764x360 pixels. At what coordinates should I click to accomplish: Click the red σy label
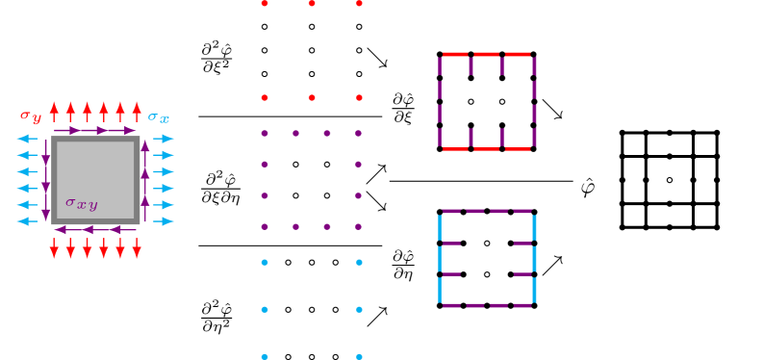(x=31, y=116)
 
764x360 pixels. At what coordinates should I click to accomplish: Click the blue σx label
(x=159, y=117)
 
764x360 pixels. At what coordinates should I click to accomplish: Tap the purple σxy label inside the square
(x=82, y=203)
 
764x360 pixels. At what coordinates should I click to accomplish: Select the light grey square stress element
(x=95, y=180)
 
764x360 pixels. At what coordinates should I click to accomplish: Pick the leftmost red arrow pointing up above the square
(x=55, y=111)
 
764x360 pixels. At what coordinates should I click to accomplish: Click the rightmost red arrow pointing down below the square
(x=137, y=249)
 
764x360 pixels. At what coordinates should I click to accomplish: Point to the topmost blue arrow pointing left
(x=27, y=139)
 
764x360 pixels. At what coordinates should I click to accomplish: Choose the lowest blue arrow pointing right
(x=165, y=221)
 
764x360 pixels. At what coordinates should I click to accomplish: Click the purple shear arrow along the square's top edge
(x=94, y=131)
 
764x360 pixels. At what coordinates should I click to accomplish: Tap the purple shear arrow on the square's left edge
(x=45, y=180)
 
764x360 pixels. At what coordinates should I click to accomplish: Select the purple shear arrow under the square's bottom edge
(x=94, y=230)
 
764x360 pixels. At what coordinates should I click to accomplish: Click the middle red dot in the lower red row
(x=312, y=97)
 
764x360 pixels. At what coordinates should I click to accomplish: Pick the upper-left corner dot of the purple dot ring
(x=265, y=133)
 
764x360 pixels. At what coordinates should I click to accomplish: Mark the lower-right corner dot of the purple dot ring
(x=358, y=227)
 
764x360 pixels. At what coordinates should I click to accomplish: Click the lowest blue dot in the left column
(x=265, y=356)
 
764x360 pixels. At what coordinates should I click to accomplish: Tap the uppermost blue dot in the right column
(x=359, y=262)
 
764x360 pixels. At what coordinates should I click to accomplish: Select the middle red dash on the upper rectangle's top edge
(x=487, y=54)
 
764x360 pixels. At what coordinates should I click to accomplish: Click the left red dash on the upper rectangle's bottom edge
(x=455, y=149)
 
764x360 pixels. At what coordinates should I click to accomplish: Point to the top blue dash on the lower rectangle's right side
(x=534, y=227)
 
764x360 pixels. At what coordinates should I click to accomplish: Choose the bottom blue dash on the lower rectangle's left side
(x=440, y=290)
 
